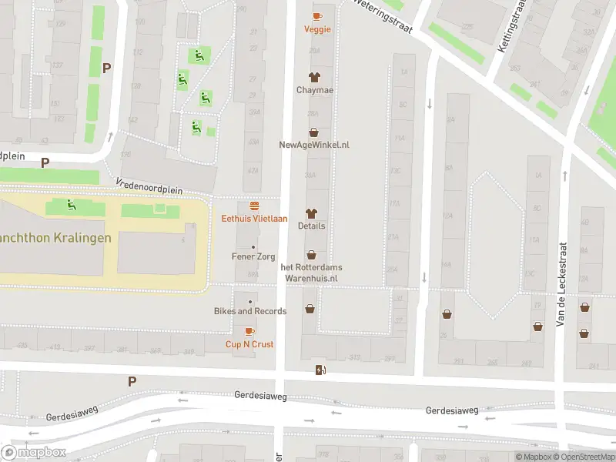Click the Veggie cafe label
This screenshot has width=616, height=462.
(317, 29)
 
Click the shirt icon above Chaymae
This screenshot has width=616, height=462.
(313, 76)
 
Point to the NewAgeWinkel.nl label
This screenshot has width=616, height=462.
(313, 145)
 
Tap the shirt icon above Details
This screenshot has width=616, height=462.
(312, 213)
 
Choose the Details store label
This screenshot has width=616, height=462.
(312, 226)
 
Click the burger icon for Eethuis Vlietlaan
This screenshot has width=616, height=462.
(254, 206)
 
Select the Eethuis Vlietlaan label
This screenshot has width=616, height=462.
(254, 219)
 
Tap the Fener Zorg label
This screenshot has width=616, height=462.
(254, 256)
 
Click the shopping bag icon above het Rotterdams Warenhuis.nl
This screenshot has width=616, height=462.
(311, 255)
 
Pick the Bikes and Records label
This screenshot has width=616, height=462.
(250, 311)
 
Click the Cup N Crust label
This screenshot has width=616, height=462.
(249, 344)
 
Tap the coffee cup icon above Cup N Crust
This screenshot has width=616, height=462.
(249, 331)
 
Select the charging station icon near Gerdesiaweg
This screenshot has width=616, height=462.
(320, 370)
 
